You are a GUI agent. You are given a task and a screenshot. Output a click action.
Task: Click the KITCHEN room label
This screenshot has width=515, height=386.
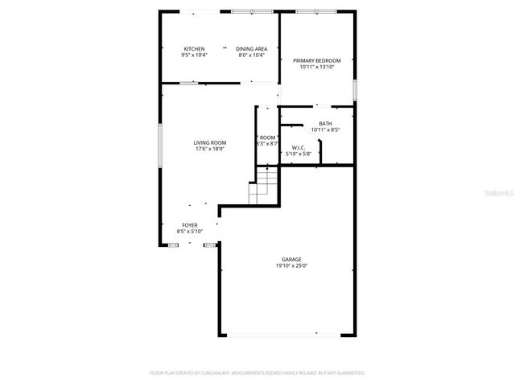point(194,49)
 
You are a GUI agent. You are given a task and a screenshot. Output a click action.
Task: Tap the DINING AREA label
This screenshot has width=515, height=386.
point(251,49)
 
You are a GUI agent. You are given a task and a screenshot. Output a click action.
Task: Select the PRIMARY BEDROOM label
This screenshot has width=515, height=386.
point(316,60)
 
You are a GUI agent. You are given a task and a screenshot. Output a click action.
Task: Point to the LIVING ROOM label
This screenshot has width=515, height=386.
point(209,142)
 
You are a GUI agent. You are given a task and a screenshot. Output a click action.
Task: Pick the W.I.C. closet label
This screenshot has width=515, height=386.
point(297,147)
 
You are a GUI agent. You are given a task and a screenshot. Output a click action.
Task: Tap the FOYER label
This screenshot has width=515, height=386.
point(189,225)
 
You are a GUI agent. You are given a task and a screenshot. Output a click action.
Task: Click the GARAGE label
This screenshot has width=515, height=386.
point(291,259)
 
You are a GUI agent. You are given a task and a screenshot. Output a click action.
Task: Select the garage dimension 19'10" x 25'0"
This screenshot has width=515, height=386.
point(291,265)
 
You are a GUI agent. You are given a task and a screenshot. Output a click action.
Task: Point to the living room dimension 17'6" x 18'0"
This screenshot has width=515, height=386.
point(209,149)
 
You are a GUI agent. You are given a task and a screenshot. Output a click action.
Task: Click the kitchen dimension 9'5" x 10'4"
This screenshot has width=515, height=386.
point(194,55)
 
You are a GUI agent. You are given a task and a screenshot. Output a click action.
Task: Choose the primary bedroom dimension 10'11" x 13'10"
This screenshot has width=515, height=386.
point(316,67)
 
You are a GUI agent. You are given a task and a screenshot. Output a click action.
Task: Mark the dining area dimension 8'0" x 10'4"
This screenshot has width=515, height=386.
point(251,55)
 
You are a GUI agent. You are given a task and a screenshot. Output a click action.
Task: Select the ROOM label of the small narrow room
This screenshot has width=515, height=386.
point(267,138)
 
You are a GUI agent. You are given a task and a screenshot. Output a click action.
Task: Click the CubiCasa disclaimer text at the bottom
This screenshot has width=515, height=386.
point(257,373)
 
